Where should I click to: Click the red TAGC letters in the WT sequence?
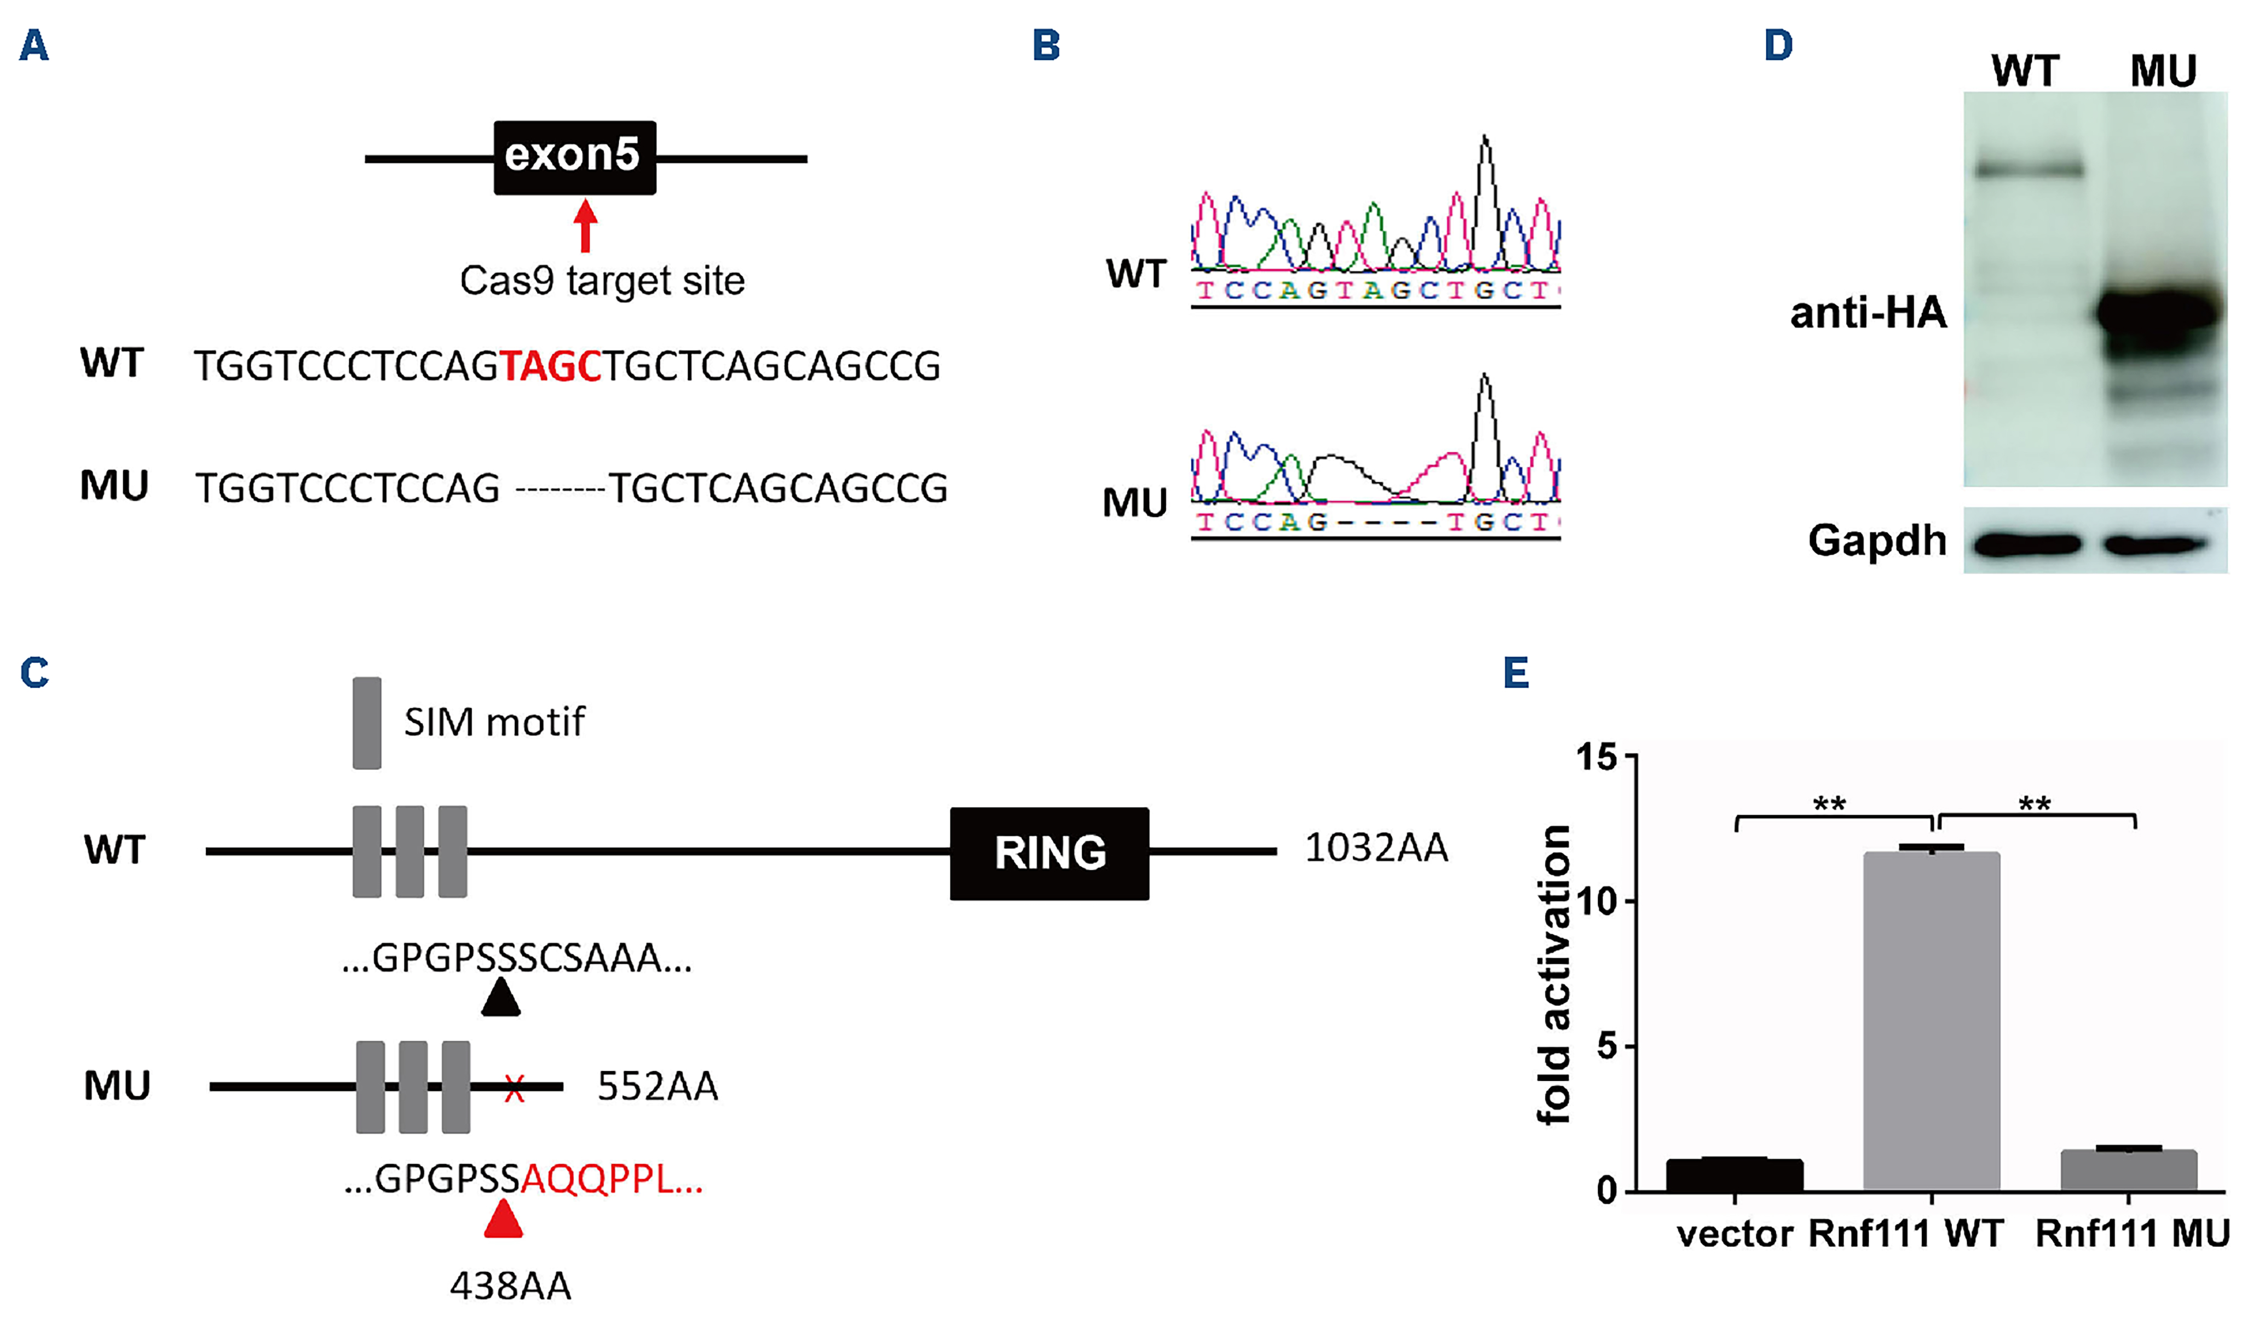[x=550, y=366]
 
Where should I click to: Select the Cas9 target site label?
[x=602, y=281]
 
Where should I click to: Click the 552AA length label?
[x=657, y=1086]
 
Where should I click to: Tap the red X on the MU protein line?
[x=513, y=1088]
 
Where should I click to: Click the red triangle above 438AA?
[x=503, y=1220]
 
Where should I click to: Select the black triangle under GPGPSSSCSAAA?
[x=500, y=998]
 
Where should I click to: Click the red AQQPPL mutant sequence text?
[x=610, y=1180]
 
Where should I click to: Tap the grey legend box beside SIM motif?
[x=367, y=722]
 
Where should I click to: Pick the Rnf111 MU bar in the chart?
[x=2128, y=1170]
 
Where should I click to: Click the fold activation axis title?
[x=1554, y=975]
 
